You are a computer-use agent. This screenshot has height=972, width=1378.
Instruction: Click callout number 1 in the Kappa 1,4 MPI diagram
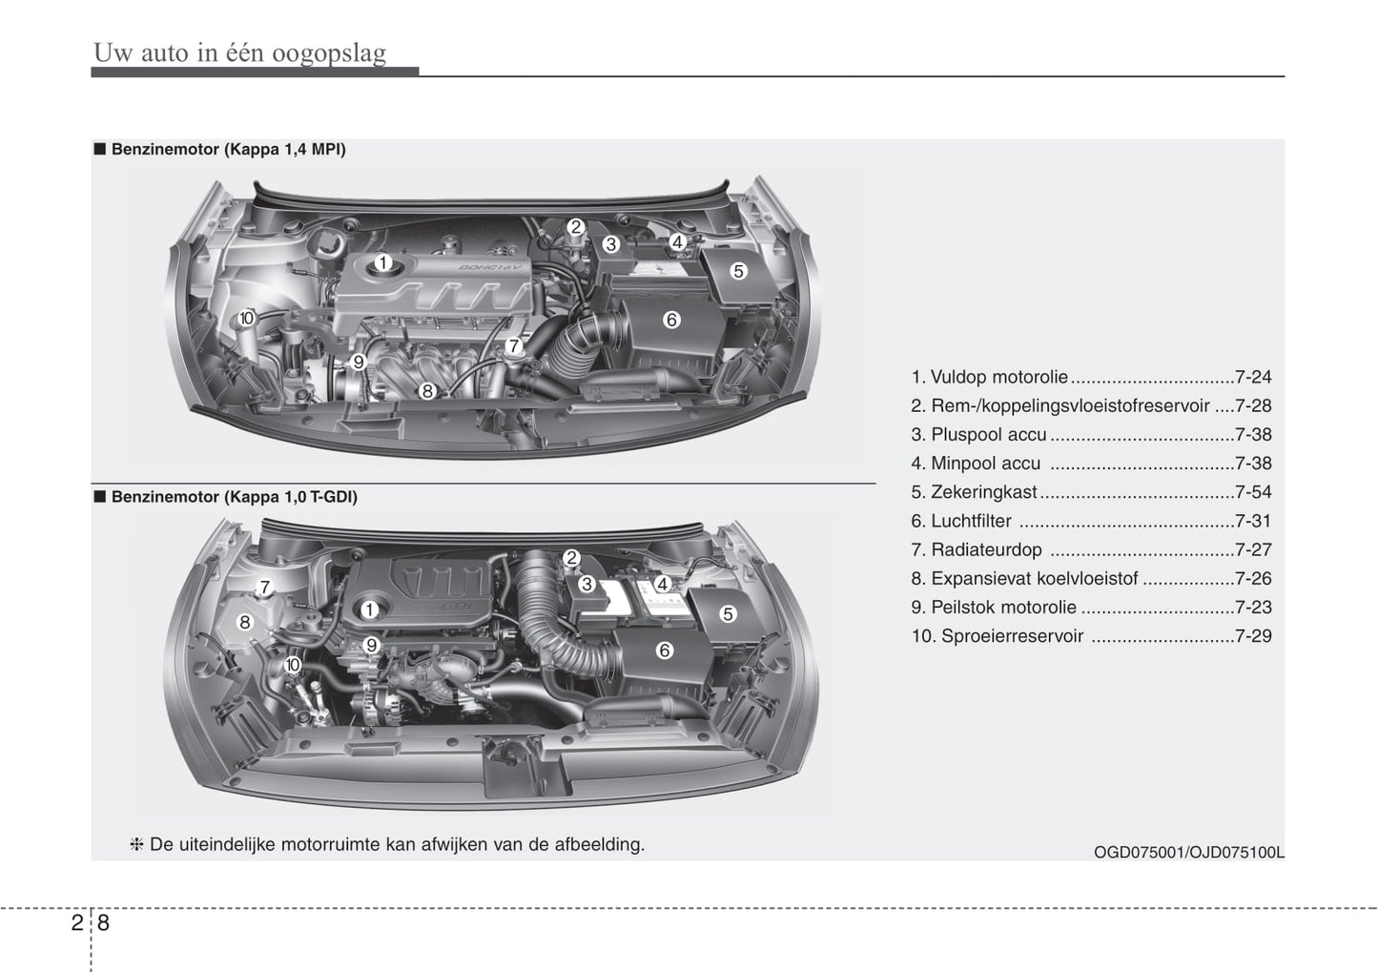coord(382,263)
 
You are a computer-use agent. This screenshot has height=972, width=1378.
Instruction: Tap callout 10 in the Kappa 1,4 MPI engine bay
coord(246,318)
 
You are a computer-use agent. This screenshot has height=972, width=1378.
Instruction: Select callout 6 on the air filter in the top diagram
coord(671,320)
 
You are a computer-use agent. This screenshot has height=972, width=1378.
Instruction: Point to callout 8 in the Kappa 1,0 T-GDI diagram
coord(245,623)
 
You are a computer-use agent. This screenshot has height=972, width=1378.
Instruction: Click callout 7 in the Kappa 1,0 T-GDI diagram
coord(264,588)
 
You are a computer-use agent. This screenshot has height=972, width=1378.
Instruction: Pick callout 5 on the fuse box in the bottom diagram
coord(728,614)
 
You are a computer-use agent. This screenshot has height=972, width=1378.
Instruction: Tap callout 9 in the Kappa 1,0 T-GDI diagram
coord(370,646)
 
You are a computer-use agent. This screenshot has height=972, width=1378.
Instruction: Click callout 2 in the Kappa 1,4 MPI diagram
coord(575,227)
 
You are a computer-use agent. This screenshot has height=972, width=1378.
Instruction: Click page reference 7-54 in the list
coord(1253,492)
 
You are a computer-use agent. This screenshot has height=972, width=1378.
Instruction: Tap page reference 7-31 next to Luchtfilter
coord(1253,521)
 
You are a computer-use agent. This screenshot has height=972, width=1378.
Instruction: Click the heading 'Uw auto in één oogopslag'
coord(240,52)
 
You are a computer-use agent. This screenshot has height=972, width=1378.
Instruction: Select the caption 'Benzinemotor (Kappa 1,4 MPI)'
coord(228,150)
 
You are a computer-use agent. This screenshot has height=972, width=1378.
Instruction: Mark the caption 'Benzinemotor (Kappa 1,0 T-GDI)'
coord(235,497)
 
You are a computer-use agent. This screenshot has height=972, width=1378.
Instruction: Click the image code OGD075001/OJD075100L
coord(1189,853)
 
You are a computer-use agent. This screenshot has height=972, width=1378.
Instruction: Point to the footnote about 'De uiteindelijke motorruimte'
coord(388,844)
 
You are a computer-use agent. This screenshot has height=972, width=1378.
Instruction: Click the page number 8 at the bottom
coord(103,922)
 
